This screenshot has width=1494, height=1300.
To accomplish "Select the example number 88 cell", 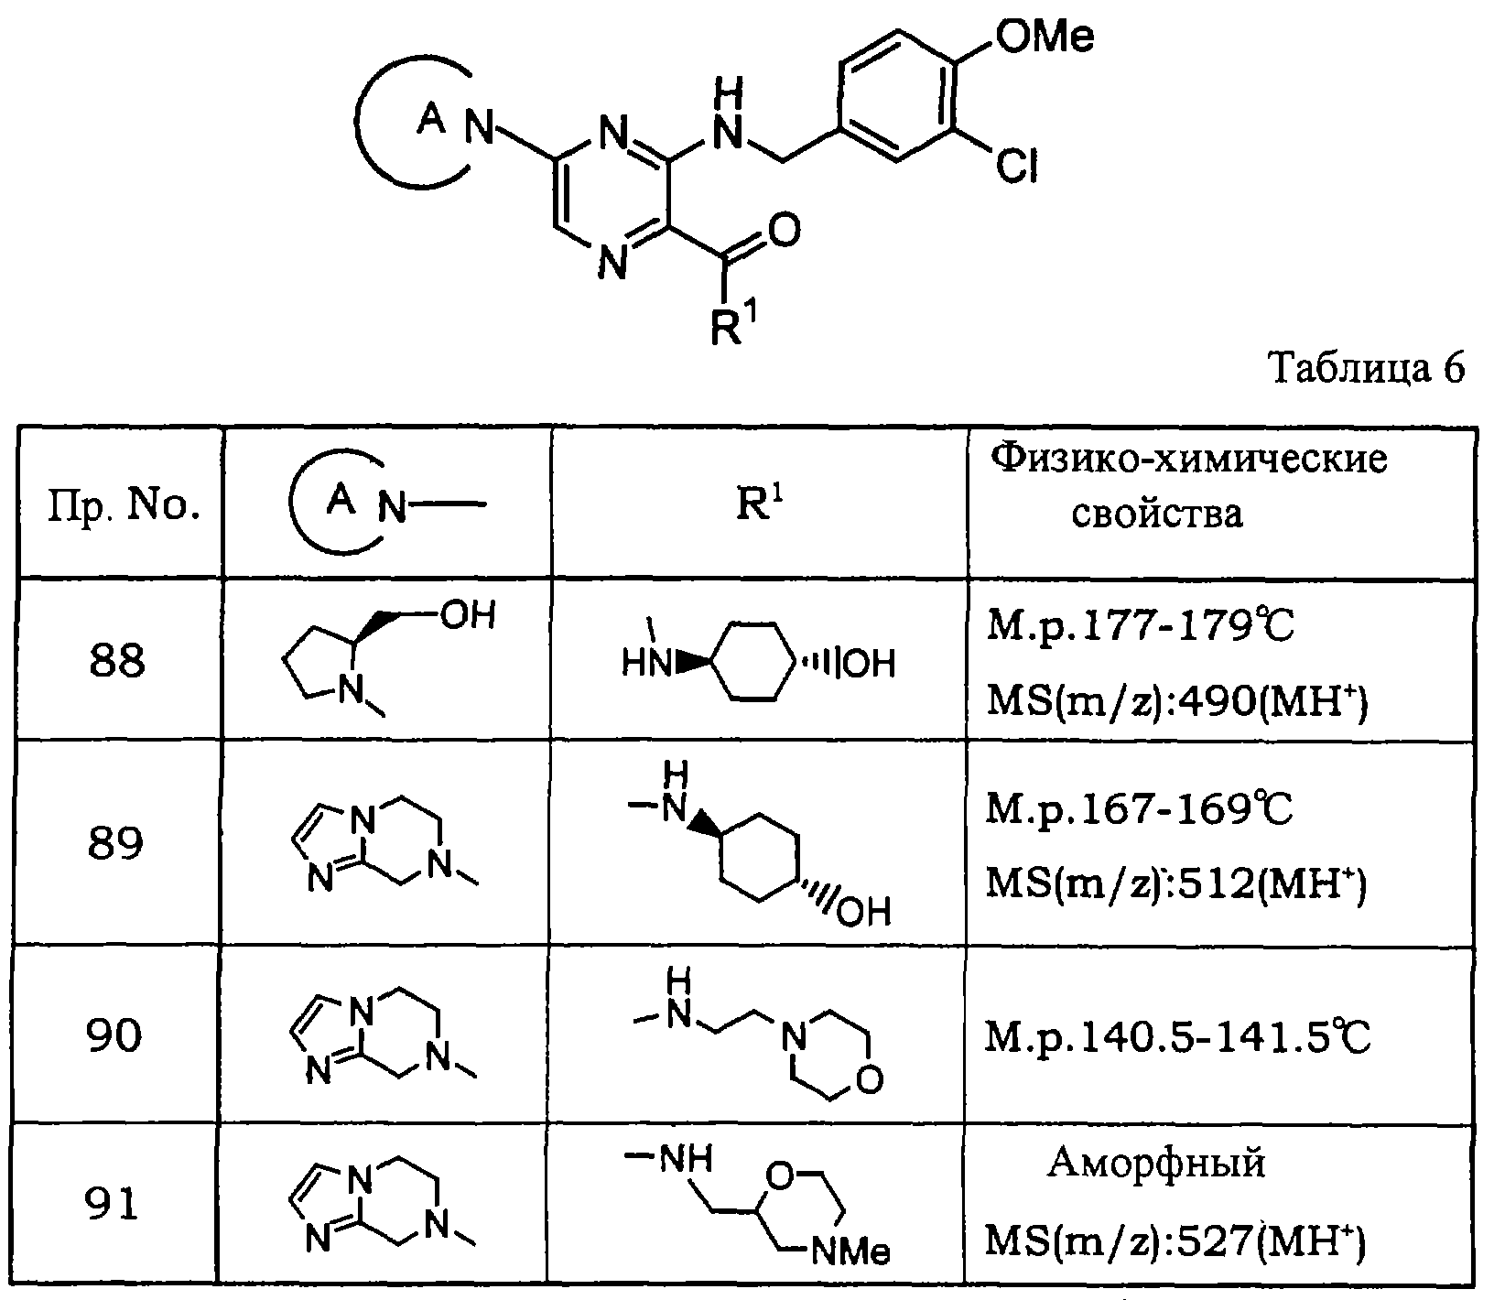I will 117,660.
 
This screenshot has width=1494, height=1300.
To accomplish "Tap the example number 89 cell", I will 116,843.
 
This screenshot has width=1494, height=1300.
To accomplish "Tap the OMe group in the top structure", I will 1043,40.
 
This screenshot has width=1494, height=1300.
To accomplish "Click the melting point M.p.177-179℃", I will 1141,630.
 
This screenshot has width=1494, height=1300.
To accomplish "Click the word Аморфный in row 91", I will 1156,1163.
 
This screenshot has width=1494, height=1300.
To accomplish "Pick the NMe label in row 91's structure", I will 850,1251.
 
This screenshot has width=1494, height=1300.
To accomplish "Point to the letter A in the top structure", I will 428,119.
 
